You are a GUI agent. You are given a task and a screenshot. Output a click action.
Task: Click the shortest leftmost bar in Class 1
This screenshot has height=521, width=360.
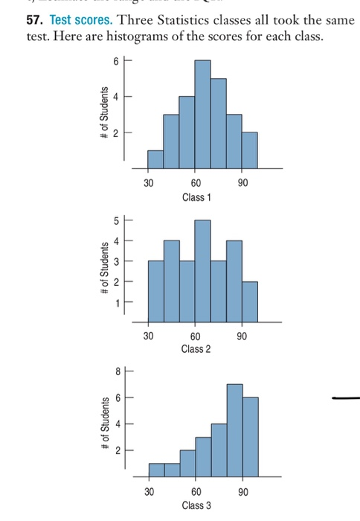coord(155,159)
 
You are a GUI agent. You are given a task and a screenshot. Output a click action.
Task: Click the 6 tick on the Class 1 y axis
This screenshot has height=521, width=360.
coord(115,61)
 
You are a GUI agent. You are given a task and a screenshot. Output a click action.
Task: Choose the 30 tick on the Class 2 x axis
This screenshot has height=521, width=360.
coord(147,336)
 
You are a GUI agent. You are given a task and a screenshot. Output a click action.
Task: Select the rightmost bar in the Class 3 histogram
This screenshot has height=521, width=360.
coord(250,435)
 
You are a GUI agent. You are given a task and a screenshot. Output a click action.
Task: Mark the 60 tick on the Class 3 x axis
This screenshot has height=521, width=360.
coord(195,492)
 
